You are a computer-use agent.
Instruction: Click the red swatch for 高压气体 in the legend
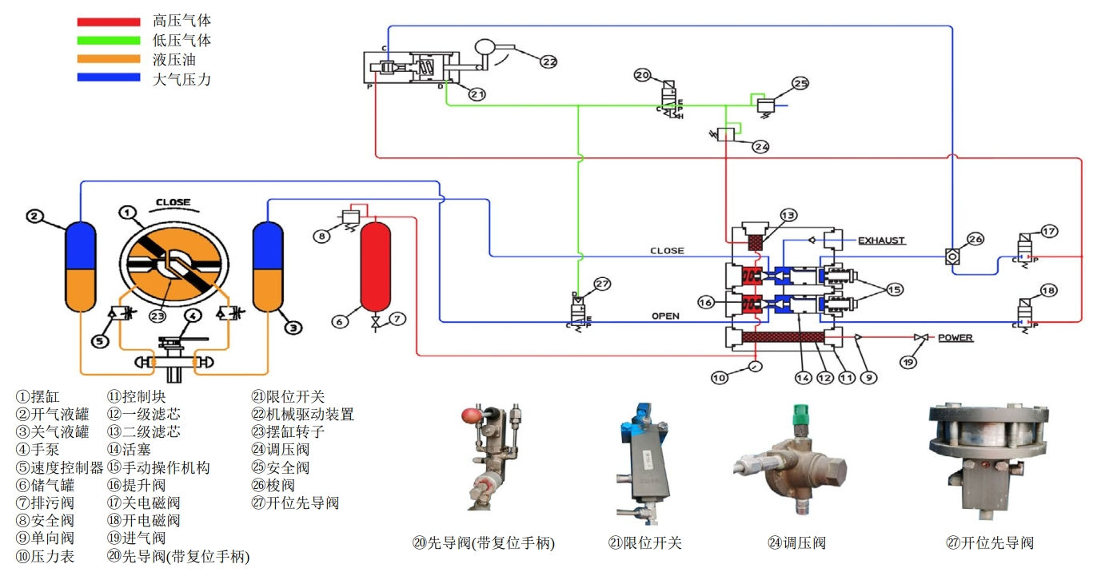click(x=108, y=22)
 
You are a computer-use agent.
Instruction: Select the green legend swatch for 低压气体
click(x=108, y=41)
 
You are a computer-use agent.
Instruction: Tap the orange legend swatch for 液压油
click(x=108, y=60)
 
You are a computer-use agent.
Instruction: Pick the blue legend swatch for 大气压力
click(x=108, y=78)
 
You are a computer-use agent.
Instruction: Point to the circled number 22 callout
click(x=548, y=61)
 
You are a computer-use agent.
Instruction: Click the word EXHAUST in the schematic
click(x=882, y=240)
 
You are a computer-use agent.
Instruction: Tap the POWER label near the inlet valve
click(x=955, y=338)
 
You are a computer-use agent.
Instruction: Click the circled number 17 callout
click(x=1049, y=232)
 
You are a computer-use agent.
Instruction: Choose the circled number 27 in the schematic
click(x=602, y=284)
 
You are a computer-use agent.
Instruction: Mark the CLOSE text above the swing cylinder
click(x=173, y=202)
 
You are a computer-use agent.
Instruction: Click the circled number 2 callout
click(x=34, y=216)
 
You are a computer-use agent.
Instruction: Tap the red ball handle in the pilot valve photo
click(x=471, y=416)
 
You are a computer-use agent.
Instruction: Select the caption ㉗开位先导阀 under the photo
click(x=989, y=543)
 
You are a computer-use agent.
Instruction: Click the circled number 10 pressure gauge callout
click(x=720, y=377)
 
